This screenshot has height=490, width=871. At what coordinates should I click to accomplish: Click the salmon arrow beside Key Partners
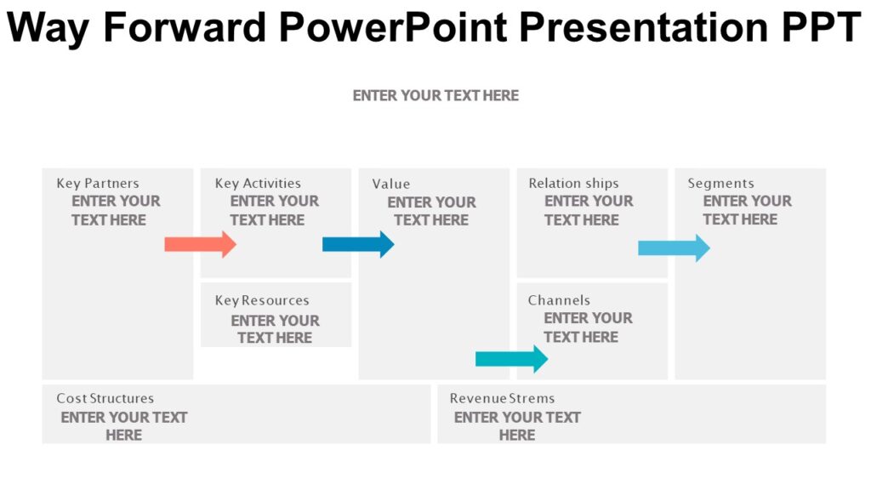(x=200, y=245)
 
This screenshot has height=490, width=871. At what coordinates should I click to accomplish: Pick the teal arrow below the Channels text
(x=511, y=359)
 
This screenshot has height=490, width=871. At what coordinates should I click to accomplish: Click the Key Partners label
(x=98, y=184)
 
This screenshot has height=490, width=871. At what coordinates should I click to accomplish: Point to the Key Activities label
(x=258, y=184)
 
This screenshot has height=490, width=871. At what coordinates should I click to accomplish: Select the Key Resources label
(x=262, y=300)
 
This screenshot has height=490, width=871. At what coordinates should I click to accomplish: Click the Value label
(x=390, y=184)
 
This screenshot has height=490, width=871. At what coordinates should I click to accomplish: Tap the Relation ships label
(x=573, y=184)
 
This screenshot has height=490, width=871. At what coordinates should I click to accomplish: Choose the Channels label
(x=559, y=300)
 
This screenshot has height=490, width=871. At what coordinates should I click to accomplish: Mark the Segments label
(x=720, y=184)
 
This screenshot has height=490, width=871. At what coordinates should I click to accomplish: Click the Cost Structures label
(x=105, y=398)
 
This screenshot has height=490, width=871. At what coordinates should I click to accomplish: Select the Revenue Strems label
(x=502, y=398)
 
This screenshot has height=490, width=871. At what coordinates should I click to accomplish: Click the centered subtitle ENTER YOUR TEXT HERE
(x=435, y=95)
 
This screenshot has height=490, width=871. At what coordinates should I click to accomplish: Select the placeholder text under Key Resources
(x=275, y=329)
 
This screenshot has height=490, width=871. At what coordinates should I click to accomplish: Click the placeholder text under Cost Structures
(x=124, y=425)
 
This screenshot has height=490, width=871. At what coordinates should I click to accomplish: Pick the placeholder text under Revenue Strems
(x=517, y=425)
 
